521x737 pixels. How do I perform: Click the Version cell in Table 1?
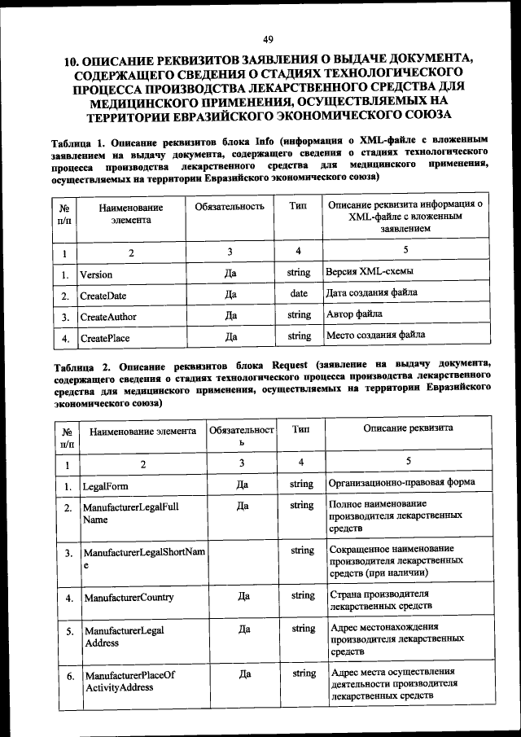click(96, 275)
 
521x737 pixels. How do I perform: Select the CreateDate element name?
click(103, 296)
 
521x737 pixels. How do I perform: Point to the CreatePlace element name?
click(104, 337)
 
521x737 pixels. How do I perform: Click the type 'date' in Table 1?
click(299, 294)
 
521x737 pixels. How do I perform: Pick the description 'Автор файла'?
click(354, 314)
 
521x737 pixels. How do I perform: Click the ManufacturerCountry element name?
click(129, 597)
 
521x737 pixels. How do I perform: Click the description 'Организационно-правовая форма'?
click(401, 482)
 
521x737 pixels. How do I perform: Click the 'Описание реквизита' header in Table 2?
click(408, 428)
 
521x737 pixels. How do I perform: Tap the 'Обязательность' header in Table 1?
click(230, 207)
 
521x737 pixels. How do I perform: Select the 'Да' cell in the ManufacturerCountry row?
click(243, 596)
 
